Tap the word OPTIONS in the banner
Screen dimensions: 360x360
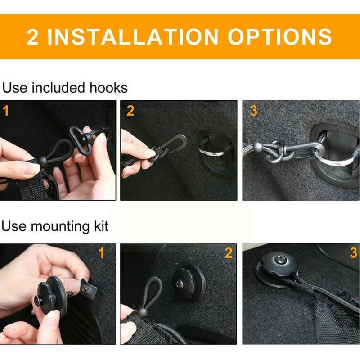(x=280, y=37)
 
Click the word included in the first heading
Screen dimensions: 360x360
(x=58, y=87)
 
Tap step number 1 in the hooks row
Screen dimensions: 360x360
(x=6, y=111)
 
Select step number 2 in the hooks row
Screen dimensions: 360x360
(x=130, y=111)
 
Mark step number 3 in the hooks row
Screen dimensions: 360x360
(x=253, y=111)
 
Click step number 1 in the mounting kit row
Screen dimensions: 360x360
(x=102, y=253)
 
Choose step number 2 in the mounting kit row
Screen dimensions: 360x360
(x=229, y=253)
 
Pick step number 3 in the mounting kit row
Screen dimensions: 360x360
(x=353, y=253)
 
